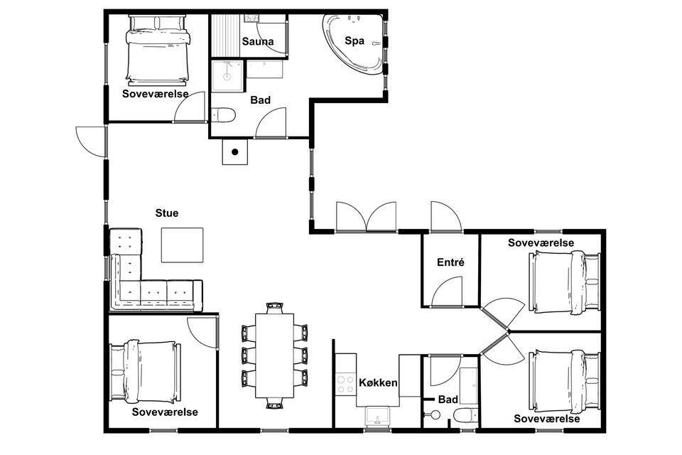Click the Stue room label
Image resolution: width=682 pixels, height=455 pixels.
[x=166, y=213]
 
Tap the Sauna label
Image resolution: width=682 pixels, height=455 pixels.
[x=258, y=42]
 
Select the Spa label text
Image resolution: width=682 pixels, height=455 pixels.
[x=354, y=41]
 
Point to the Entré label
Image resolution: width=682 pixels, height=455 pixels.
[x=450, y=262]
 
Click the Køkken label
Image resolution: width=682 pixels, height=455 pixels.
[x=378, y=382]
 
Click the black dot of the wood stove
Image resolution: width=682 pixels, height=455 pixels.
[x=235, y=152]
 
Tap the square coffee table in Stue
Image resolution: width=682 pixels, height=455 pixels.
[x=183, y=245]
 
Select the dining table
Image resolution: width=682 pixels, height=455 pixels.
[x=274, y=355]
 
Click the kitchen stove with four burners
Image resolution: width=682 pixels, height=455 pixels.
[x=345, y=384]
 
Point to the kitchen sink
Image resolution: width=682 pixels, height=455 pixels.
[x=377, y=417]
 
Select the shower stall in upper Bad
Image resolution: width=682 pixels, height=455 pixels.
[x=227, y=76]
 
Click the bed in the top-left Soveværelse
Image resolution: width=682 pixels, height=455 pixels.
[x=158, y=50]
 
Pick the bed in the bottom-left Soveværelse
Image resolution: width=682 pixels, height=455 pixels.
[x=145, y=371]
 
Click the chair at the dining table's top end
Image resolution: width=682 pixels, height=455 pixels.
[x=274, y=307]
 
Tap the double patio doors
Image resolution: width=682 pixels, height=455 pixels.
[x=367, y=216]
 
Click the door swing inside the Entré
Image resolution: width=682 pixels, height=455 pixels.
[x=447, y=291]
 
